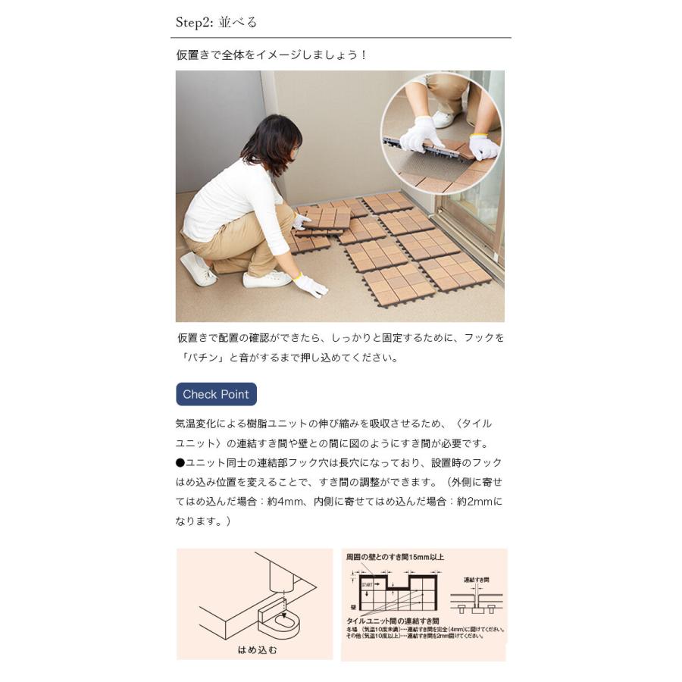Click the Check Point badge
(x=216, y=394)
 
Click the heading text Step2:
(x=196, y=22)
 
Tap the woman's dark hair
(x=271, y=143)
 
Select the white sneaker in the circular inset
(x=443, y=119)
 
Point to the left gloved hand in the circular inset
(x=421, y=136)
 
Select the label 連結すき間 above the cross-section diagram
(x=476, y=580)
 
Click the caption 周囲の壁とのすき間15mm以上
(x=395, y=557)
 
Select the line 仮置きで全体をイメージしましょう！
(x=271, y=55)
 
